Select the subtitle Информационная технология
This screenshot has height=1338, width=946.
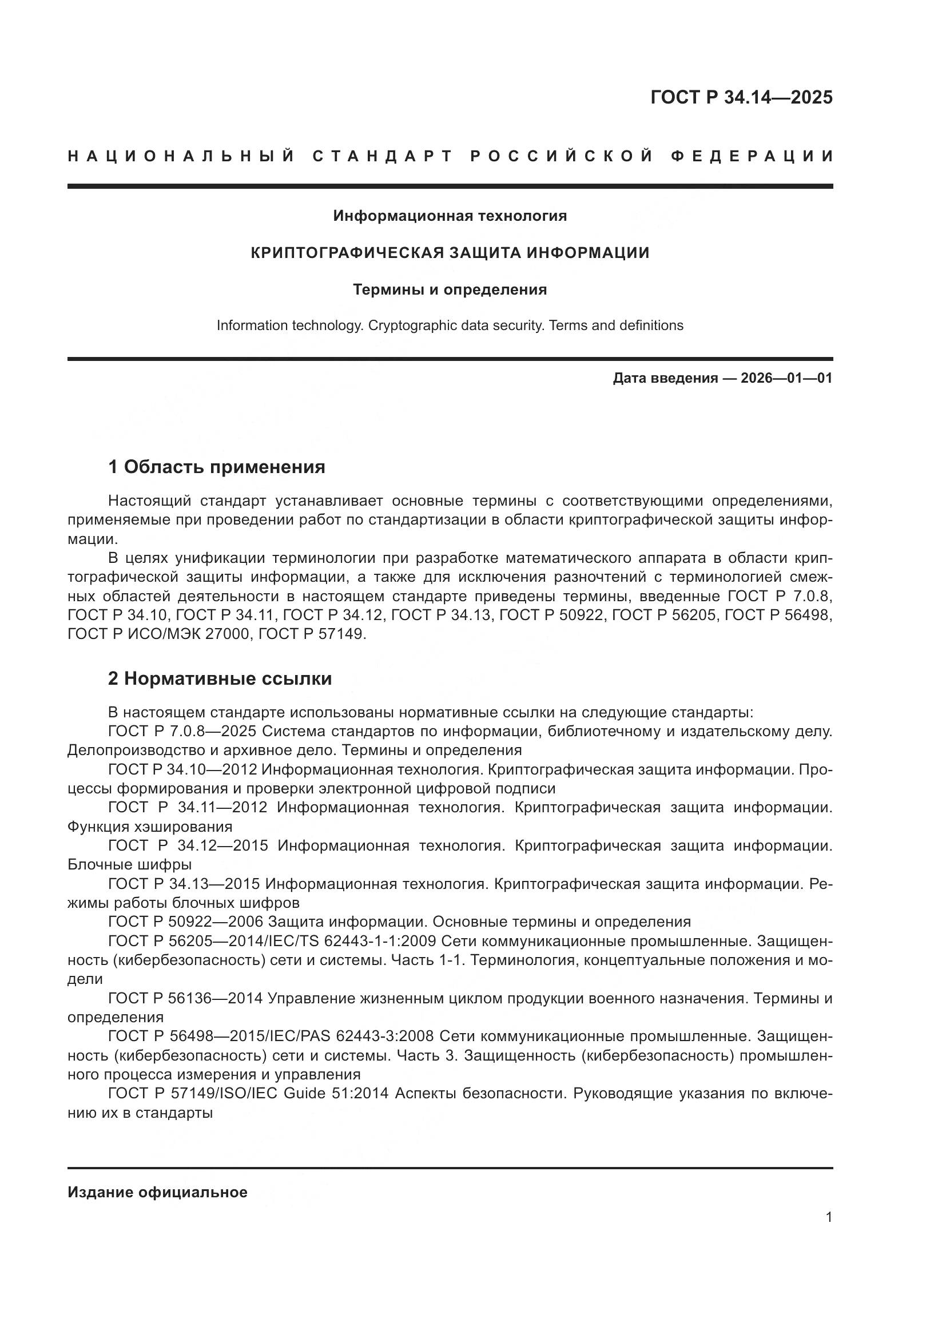[450, 216]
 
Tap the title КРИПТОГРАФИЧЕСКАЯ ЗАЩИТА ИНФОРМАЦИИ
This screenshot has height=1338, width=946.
[450, 253]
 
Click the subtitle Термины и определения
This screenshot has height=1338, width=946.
[450, 289]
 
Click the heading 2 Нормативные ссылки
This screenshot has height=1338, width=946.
[220, 678]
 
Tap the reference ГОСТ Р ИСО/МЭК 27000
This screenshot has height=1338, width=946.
[158, 634]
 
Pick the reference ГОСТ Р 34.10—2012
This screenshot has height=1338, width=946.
[182, 770]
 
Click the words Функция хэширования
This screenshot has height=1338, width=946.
[150, 827]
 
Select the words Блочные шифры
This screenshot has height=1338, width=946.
[129, 864]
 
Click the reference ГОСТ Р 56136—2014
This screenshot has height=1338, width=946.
[187, 998]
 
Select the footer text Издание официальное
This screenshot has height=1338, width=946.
[157, 1190]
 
